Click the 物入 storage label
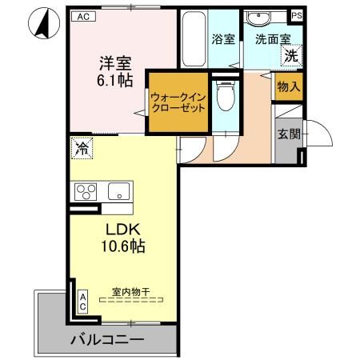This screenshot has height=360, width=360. [x=289, y=86]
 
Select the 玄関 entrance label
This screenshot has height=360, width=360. [x=289, y=134]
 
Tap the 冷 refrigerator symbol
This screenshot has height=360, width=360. [x=81, y=146]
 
